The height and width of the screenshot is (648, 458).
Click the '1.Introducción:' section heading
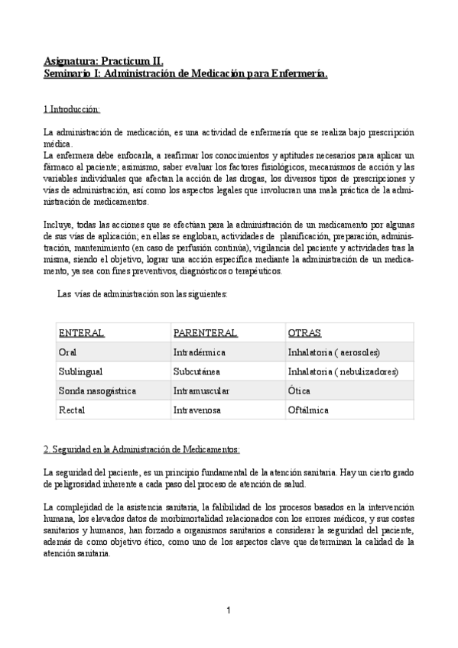[x=72, y=110]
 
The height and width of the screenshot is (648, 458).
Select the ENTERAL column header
[x=82, y=333]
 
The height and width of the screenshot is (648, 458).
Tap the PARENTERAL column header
[x=205, y=333]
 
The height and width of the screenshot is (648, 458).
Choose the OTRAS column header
[x=304, y=333]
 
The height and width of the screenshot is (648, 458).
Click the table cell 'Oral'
[x=67, y=352]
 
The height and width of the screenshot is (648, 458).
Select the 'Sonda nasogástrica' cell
[x=97, y=390]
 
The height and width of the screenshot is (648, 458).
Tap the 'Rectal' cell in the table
[x=71, y=410]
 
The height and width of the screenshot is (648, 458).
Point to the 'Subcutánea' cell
[x=197, y=371]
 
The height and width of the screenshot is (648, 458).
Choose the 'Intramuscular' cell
[x=201, y=390]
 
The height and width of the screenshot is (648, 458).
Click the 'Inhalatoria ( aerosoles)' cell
[x=334, y=352]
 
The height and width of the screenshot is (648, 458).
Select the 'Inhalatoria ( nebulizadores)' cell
[x=343, y=371]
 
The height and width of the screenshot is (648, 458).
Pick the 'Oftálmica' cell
[x=308, y=410]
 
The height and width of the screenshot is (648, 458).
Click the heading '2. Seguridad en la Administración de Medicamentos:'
[x=141, y=449]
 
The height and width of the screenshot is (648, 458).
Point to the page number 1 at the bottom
[x=229, y=610]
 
